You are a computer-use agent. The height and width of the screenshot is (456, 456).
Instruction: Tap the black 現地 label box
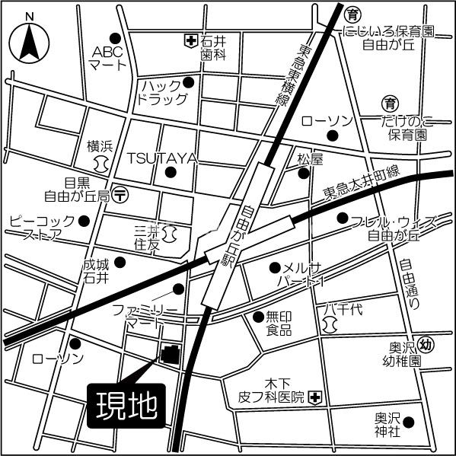pos(127,403)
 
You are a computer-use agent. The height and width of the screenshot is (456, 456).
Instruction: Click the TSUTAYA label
pos(162,158)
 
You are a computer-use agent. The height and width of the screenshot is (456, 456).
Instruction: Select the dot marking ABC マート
pos(116,37)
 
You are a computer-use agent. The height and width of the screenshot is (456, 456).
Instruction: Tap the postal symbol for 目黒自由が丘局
pos(120,195)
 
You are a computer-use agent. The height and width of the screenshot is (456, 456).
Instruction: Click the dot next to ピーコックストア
pos(85,221)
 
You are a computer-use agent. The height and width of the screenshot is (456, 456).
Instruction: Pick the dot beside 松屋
pos(304,174)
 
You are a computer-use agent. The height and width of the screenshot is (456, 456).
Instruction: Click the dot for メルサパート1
pos(274,267)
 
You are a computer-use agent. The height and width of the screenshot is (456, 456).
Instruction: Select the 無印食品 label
pos(279,324)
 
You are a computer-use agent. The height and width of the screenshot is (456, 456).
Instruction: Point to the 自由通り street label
pos(410,283)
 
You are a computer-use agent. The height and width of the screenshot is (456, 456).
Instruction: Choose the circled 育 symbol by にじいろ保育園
pos(352,14)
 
